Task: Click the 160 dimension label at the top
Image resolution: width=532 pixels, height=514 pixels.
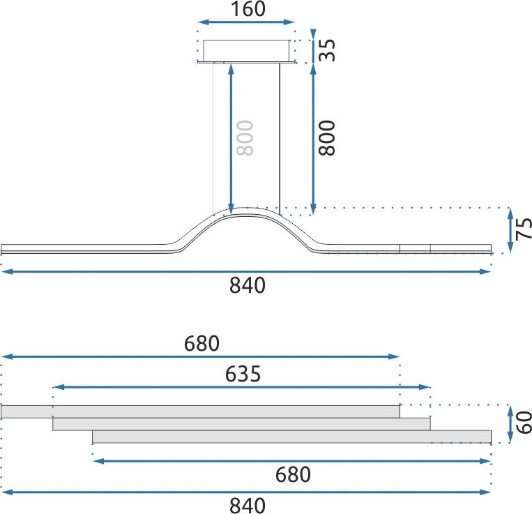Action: pos(246,10)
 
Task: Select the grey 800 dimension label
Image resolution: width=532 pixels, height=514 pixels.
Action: pos(245,137)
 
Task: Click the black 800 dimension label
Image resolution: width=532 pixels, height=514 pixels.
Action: pos(328,137)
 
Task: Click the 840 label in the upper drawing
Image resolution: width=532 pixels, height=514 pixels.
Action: pos(248,285)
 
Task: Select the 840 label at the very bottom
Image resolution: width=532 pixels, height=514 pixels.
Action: pos(248,505)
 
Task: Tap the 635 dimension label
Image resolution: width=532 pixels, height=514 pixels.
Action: pos(242,375)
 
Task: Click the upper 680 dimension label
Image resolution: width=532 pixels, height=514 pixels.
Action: pos(202,343)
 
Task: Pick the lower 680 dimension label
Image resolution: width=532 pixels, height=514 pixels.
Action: pos(292,475)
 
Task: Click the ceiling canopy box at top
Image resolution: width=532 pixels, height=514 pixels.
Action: pos(246,51)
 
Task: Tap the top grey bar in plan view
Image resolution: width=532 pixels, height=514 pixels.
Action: pos(200,411)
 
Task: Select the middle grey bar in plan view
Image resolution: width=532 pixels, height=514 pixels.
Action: pos(241,424)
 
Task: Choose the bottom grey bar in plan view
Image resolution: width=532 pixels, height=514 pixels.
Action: pos(291,437)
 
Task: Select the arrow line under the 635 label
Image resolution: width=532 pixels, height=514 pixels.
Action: pos(242,387)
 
